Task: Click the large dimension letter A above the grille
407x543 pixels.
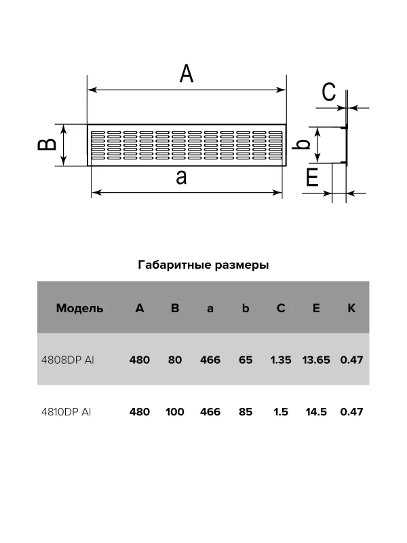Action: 187,73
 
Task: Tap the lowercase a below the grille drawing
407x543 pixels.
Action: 181,178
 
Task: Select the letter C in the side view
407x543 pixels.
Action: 329,92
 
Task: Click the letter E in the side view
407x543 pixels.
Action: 313,178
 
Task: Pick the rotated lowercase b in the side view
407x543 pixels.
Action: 305,144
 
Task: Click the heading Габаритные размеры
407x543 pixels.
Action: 203,265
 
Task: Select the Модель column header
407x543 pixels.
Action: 80,308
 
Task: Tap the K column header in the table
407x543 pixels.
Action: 351,308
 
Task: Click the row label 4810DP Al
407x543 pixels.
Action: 66,411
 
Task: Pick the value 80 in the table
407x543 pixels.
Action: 175,360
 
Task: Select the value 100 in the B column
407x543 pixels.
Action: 175,411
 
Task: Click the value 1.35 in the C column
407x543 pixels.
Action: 281,360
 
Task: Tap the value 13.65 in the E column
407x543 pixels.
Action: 316,360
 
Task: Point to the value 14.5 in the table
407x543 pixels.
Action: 316,411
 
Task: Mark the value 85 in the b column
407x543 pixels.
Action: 246,411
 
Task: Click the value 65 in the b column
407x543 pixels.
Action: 246,360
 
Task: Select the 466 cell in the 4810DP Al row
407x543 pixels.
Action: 210,411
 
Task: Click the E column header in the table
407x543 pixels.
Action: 316,308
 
